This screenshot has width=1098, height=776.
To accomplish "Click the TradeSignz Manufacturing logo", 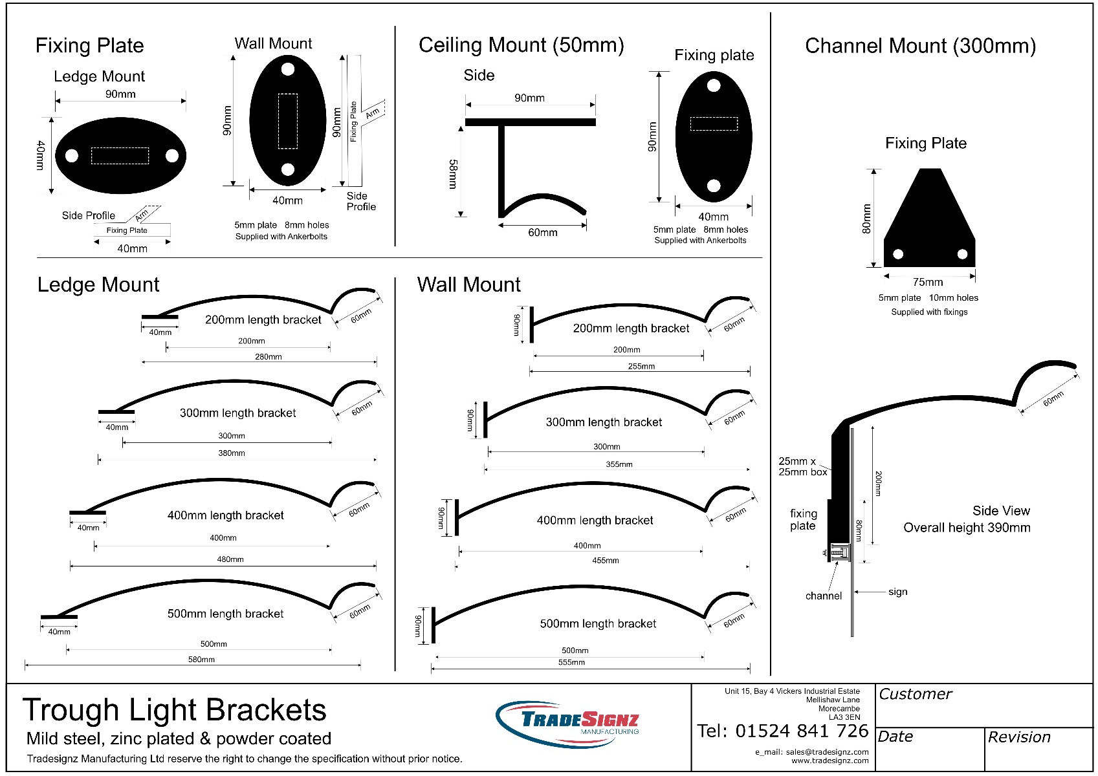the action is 567,724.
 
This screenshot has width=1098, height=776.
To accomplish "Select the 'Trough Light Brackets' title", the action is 175,710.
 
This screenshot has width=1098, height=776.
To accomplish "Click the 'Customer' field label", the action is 915,694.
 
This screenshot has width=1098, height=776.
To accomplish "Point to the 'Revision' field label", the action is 1019,737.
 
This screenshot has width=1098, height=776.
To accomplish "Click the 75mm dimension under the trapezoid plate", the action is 927,282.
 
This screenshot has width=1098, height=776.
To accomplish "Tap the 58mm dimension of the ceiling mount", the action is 453,174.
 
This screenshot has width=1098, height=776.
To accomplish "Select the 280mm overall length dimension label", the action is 268,357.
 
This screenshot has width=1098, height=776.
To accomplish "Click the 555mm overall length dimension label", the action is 571,662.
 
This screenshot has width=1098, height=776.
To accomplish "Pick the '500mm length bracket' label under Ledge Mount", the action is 225,614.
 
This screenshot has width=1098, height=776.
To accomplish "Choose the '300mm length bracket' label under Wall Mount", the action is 604,422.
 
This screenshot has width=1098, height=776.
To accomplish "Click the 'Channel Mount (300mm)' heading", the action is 921,45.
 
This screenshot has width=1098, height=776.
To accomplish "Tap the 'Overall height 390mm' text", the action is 967,528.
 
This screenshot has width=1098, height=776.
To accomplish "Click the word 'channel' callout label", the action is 824,596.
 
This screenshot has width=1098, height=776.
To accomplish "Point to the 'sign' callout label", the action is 898,592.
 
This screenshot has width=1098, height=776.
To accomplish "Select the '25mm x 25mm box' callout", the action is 803,466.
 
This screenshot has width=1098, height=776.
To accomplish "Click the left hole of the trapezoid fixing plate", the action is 898,253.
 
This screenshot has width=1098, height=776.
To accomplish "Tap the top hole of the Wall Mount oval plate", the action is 288,69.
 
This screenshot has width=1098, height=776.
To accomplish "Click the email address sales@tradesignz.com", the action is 827,752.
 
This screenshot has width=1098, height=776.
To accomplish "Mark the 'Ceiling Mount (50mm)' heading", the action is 521,45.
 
